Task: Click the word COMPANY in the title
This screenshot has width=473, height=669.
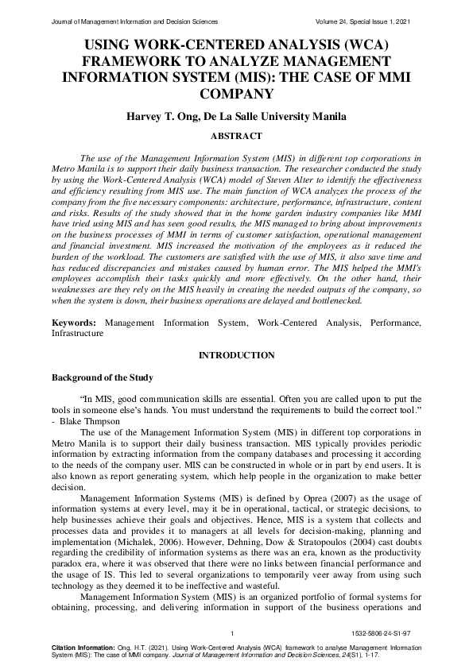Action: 236,94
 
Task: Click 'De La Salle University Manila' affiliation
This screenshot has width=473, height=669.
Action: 275,117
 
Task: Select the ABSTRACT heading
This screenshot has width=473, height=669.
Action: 236,136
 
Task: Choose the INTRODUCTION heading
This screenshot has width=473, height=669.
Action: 236,354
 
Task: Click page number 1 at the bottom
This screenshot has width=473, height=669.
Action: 231,633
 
